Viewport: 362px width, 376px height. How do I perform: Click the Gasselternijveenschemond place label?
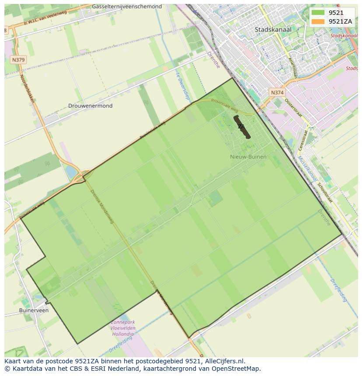[x=127, y=7]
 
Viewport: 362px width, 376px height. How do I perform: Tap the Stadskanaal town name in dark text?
[x=273, y=30]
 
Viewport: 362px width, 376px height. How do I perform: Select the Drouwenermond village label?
[x=90, y=106]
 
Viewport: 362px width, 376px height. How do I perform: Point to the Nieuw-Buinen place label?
[x=248, y=156]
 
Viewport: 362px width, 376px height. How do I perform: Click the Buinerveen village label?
[x=34, y=310]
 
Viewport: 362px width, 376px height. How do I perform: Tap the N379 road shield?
[x=18, y=60]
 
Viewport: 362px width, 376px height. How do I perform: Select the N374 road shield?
[x=277, y=93]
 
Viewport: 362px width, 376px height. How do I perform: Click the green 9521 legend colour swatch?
[x=318, y=13]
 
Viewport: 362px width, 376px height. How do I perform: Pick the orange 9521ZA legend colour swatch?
[x=318, y=21]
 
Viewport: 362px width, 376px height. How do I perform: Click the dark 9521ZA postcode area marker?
[x=242, y=127]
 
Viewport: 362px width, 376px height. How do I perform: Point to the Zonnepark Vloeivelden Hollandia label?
[x=123, y=328]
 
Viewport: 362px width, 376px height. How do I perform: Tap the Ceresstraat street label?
[x=303, y=141]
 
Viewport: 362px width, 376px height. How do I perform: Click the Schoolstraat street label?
[x=325, y=193]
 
